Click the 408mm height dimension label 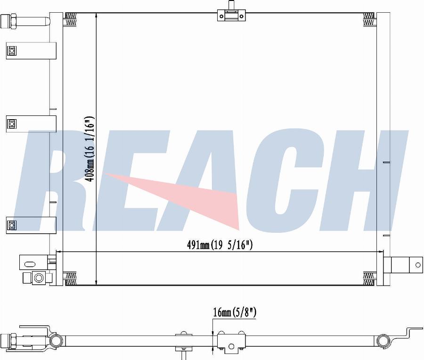pyautogui.click(x=89, y=149)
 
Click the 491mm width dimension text pyautogui.click(x=220, y=245)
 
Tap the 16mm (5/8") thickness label pyautogui.click(x=235, y=312)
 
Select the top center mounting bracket pyautogui.click(x=231, y=14)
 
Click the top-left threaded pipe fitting pyautogui.click(x=25, y=21)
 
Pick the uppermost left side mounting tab pyautogui.click(x=31, y=50)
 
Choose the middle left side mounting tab pyautogui.click(x=31, y=124)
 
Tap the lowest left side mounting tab pyautogui.click(x=31, y=225)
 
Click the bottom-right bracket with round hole pyautogui.click(x=403, y=265)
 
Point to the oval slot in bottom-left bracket pyautogui.click(x=30, y=264)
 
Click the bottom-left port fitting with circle pyautogui.click(x=38, y=278)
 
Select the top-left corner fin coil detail pyautogui.click(x=71, y=20)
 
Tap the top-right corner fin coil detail pyautogui.click(x=368, y=20)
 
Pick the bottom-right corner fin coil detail pyautogui.click(x=368, y=278)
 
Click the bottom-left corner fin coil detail pyautogui.click(x=71, y=278)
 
